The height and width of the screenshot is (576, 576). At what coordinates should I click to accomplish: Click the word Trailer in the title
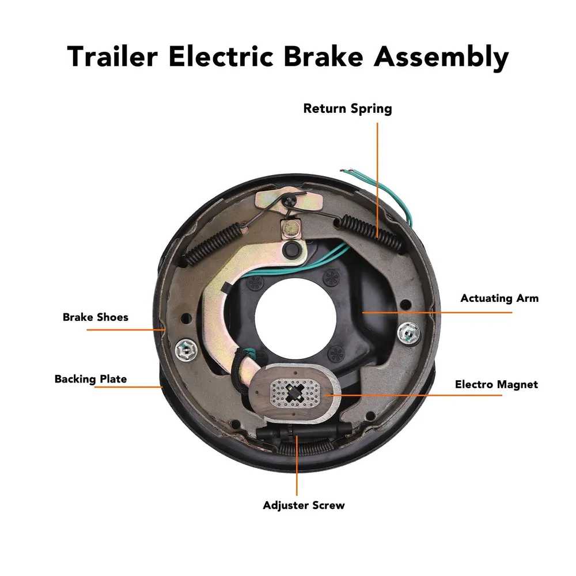(x=112, y=56)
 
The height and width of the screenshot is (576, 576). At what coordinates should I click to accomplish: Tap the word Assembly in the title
(x=441, y=58)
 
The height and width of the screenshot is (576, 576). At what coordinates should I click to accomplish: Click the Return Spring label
(x=347, y=109)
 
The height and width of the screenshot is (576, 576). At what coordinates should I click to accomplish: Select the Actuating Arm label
(x=499, y=298)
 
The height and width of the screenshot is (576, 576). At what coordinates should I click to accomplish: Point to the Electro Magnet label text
(x=497, y=384)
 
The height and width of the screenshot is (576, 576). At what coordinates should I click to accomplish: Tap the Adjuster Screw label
(x=304, y=505)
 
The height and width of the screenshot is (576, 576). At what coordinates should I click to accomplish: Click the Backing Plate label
(x=91, y=379)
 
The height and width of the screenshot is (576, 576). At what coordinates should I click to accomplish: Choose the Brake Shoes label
(x=96, y=317)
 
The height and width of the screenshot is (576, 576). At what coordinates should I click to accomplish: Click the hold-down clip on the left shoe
(x=186, y=350)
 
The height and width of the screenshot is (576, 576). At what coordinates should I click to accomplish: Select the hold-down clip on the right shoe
(x=409, y=333)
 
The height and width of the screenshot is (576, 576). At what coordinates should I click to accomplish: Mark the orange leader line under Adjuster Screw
(x=297, y=465)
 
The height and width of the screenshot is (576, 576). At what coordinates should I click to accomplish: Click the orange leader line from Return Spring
(x=377, y=180)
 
